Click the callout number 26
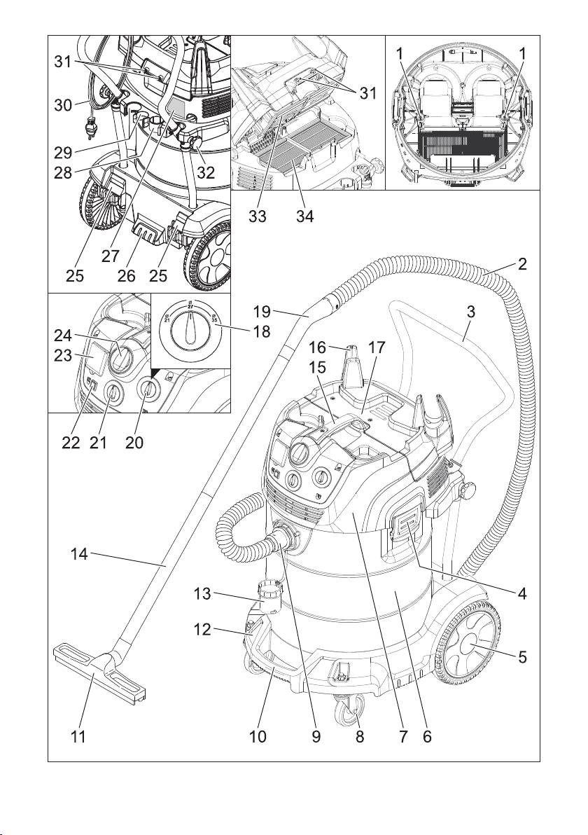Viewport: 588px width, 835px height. tap(127, 276)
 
